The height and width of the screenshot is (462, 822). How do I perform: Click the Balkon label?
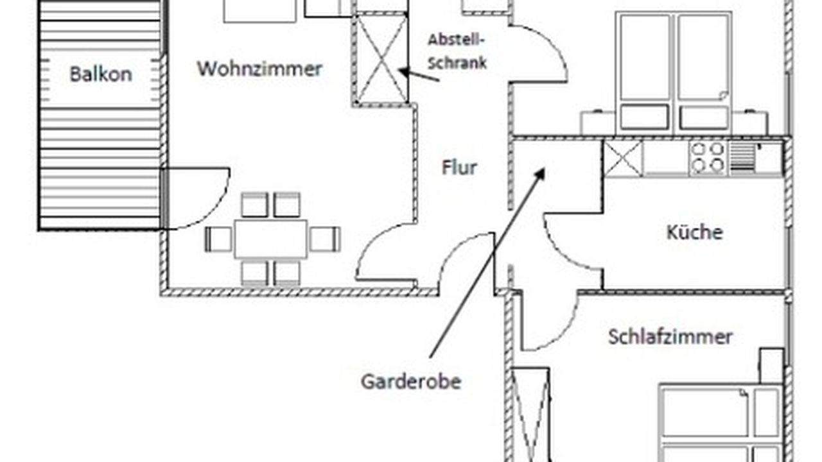pos(101,74)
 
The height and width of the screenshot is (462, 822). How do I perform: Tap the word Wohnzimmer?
pos(259,69)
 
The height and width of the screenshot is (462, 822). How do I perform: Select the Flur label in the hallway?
pos(459,168)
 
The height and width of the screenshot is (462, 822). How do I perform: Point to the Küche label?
pos(694,232)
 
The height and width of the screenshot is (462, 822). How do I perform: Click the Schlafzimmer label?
pos(670,336)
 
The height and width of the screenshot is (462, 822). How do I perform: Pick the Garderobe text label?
pos(411,381)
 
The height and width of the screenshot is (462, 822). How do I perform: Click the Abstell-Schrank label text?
pos(457,51)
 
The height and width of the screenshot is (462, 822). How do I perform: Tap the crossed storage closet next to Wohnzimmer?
pos(382,59)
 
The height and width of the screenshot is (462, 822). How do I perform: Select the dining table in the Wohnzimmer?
pos(270,239)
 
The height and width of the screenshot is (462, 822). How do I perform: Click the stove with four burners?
pos(707,158)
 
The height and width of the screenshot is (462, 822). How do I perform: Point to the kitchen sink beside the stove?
pos(755,158)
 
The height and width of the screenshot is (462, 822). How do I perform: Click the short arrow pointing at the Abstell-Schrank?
pos(419,75)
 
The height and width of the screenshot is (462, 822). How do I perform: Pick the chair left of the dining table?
pos(218,239)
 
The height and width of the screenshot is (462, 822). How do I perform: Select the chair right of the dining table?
pos(324,239)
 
